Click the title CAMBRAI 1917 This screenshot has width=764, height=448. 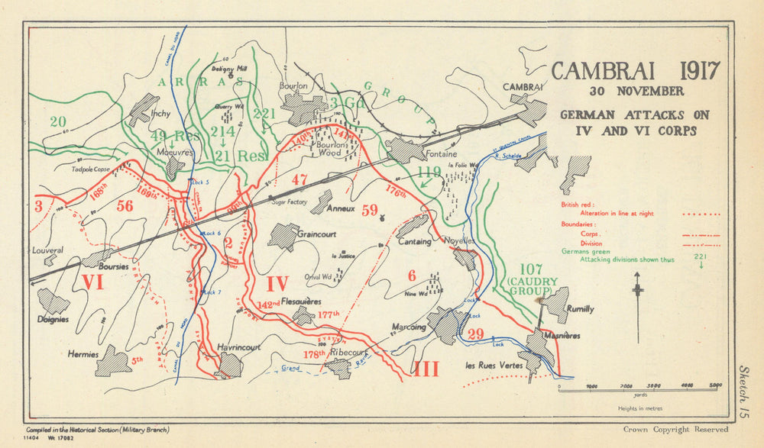pos(635,70)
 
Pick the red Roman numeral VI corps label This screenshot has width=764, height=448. pos(92,283)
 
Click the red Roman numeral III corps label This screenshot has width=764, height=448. pos(426,369)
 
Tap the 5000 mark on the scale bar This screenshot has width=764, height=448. pos(715,385)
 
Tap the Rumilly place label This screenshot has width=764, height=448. pos(581,309)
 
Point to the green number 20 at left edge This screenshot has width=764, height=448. pos(57,121)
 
